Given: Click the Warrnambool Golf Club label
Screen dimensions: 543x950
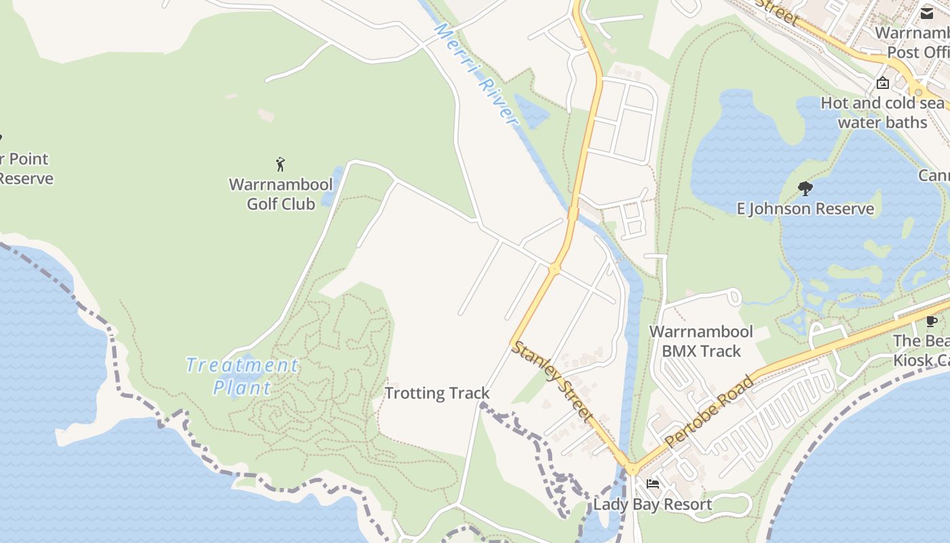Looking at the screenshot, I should click(281, 194).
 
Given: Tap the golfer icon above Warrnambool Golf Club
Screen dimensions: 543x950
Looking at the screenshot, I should click(280, 164).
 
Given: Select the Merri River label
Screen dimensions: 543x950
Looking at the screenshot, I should click(476, 75).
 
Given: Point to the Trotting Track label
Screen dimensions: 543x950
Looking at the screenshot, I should click(437, 393).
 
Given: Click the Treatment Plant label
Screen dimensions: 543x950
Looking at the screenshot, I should click(242, 376).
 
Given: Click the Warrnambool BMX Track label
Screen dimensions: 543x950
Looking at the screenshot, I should click(702, 341).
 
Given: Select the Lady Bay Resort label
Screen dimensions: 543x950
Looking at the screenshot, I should click(652, 504).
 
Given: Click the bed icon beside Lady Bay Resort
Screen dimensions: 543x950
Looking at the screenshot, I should click(653, 484).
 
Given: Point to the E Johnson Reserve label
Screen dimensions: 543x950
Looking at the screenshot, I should click(805, 208).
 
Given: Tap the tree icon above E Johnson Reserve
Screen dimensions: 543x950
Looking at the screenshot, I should click(805, 188).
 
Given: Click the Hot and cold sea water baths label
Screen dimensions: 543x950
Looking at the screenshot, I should click(882, 113).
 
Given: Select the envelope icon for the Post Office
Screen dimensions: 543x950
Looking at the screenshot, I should click(927, 13).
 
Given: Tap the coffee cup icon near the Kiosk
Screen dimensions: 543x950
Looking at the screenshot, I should click(932, 321).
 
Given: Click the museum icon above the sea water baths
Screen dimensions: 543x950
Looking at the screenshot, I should click(883, 83).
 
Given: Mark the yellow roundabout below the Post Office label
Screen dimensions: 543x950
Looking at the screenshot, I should click(918, 92).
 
